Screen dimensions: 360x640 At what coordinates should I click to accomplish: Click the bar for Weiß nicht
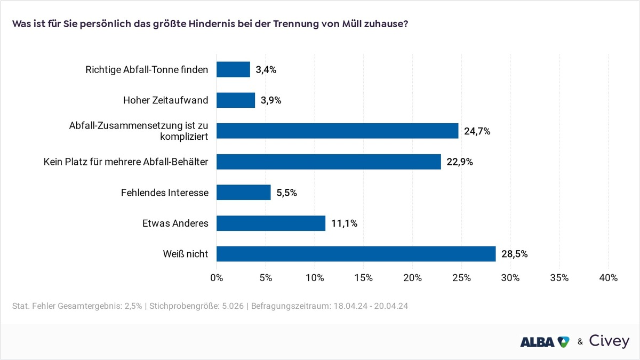pyautogui.click(x=356, y=254)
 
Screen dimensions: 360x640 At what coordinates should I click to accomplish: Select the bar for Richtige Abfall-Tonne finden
pyautogui.click(x=233, y=69)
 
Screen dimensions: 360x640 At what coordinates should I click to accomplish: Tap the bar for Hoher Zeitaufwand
pyautogui.click(x=236, y=100)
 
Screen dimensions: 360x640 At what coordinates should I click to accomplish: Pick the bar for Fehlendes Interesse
pyautogui.click(x=243, y=193)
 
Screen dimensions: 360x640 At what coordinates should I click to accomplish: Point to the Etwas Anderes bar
pyautogui.click(x=271, y=223)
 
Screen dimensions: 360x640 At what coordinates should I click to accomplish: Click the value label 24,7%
pyautogui.click(x=477, y=131)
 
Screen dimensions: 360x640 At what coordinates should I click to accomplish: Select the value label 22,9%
pyautogui.click(x=459, y=162)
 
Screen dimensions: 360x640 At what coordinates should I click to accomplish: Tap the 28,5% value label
pyautogui.click(x=514, y=254)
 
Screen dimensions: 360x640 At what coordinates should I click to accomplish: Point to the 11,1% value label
pyautogui.click(x=344, y=223)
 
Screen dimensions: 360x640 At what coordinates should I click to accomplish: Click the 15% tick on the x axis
pyautogui.click(x=363, y=278)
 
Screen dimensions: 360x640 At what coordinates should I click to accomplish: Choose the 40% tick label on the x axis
pyautogui.click(x=608, y=278)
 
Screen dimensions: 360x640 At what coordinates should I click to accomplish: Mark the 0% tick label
pyautogui.click(x=217, y=278)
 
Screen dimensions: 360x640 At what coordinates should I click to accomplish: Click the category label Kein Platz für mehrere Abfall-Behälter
pyautogui.click(x=126, y=162)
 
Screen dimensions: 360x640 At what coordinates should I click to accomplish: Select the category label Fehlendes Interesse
pyautogui.click(x=164, y=193)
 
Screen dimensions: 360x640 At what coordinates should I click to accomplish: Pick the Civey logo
pyautogui.click(x=609, y=341)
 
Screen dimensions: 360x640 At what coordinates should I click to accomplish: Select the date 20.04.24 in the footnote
pyautogui.click(x=391, y=307)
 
